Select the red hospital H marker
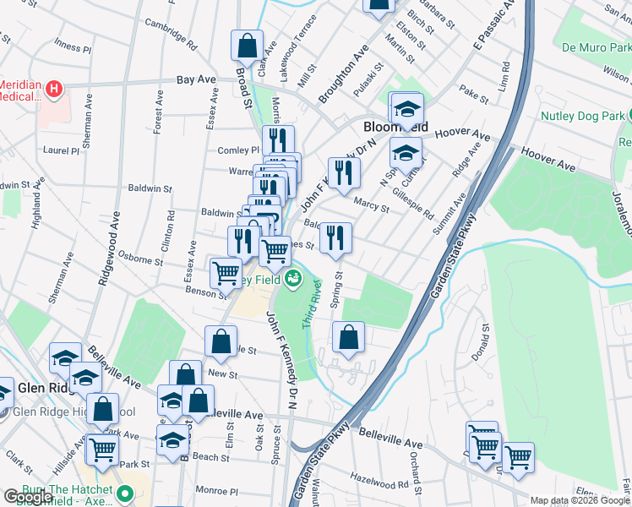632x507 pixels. [54, 89]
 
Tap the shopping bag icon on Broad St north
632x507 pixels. [247, 45]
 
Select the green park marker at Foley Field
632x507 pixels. [294, 277]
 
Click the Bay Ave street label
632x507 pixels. [196, 80]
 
